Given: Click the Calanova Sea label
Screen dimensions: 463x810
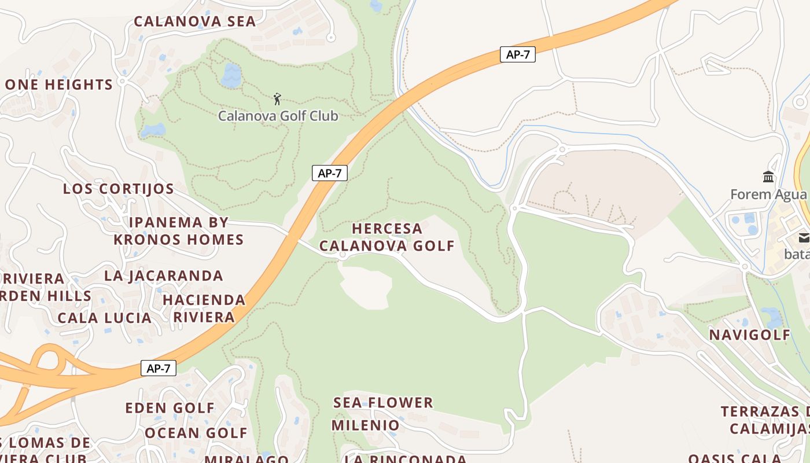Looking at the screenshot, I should point(194,21).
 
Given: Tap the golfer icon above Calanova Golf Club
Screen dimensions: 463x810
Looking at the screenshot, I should point(278,99).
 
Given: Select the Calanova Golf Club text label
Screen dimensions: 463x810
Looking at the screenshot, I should point(278,116).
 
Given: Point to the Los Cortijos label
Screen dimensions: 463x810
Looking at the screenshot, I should point(119,189).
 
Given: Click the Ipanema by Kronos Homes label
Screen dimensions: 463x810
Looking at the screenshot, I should point(179,231).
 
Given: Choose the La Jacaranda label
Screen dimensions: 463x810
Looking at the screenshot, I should point(164,275).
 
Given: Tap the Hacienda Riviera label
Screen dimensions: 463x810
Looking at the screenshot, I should point(204,308).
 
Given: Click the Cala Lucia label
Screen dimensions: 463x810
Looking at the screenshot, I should point(105,318).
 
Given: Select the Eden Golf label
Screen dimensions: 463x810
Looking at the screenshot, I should point(170,408).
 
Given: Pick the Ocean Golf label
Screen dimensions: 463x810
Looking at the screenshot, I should point(196,433).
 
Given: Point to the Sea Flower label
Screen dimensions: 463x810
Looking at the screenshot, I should point(383,402).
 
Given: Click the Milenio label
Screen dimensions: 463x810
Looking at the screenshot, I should point(366,425).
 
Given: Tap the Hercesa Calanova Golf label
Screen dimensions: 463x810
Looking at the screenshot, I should point(387,237).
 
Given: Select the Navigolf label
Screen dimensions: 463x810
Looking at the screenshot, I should point(750,335).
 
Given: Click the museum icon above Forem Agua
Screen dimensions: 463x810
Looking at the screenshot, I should point(769,177).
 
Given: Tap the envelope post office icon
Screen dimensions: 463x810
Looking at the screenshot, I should point(804,237).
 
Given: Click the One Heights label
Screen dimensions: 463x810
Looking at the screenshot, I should point(58,84).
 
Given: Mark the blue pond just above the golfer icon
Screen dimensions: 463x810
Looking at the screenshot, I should point(231,76).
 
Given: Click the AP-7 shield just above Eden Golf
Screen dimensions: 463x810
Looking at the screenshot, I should point(159,369).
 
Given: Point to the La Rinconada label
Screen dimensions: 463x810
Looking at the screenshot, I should point(406,458).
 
